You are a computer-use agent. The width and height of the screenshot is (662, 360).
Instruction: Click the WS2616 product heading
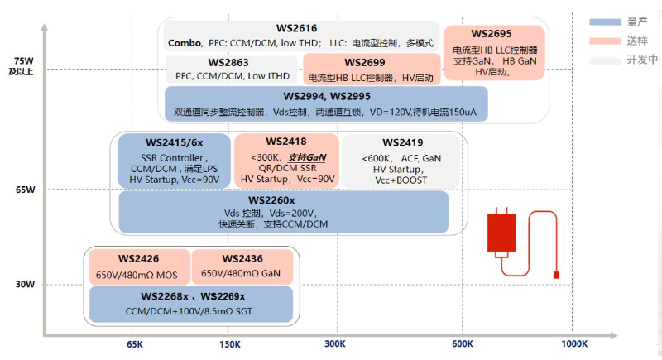(296, 28)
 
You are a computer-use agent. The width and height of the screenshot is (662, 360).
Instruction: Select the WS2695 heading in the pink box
(491, 34)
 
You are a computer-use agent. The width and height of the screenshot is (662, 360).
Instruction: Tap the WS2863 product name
(228, 62)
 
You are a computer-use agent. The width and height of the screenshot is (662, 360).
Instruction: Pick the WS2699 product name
(365, 62)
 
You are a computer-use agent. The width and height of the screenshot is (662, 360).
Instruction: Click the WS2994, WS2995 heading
(327, 96)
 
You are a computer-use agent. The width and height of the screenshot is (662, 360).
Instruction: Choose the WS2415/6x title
(175, 143)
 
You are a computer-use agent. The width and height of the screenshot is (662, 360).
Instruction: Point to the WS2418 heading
(286, 142)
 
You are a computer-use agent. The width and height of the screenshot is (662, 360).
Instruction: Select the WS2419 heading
(403, 142)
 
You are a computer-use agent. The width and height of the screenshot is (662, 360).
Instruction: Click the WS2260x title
(271, 200)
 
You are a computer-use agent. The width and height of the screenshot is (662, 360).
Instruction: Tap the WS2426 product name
(138, 259)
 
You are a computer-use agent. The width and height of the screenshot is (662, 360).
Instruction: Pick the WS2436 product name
(242, 259)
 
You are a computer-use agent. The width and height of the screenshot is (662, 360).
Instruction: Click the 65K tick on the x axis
(135, 344)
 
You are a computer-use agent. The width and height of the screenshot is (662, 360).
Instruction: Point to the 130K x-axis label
(230, 344)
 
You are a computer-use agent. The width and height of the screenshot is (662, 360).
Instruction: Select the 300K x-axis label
(335, 344)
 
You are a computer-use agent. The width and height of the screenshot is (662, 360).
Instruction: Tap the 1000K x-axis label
(574, 344)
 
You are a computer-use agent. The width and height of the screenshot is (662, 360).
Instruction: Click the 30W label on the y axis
(26, 284)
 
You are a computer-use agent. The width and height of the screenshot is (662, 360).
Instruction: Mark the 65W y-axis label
(26, 190)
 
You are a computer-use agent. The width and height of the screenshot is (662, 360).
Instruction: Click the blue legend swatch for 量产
(605, 22)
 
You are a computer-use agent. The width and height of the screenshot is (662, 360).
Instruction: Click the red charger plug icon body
(501, 233)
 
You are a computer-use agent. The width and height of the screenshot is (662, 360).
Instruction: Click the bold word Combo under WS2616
(185, 43)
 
